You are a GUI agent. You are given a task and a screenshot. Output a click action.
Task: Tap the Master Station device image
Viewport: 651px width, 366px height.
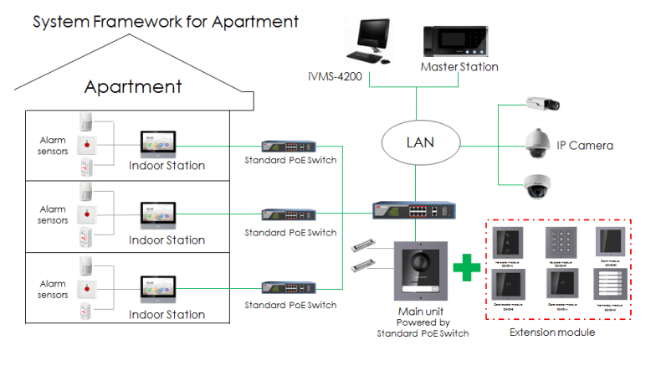(457, 42)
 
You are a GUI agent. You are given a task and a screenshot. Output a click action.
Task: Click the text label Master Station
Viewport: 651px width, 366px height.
(459, 67)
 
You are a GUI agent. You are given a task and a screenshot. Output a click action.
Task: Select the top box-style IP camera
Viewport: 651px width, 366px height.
(541, 105)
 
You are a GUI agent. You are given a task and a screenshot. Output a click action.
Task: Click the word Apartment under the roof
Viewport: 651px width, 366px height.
(133, 86)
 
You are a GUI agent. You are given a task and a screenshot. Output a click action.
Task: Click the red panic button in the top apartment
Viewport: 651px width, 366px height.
(88, 144)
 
